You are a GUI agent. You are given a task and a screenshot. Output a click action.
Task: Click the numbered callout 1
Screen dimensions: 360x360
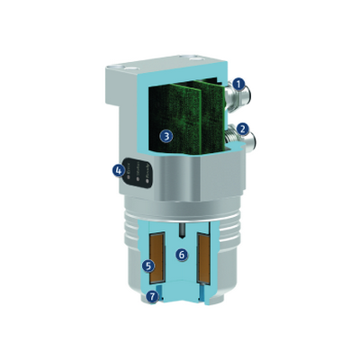pos(238,85)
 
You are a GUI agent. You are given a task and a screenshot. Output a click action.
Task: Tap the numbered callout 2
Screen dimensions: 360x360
pos(243,129)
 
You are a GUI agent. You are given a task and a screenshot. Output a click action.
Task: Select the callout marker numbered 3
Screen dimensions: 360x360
pos(166,136)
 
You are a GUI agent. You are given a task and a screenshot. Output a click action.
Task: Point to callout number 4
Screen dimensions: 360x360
pos(119,171)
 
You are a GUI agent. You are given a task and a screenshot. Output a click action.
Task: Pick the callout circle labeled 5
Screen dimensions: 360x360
pos(148,265)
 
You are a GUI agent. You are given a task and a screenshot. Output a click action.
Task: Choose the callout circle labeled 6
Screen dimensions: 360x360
pos(182,255)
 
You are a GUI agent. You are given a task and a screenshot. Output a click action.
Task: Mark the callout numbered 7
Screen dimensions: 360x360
pos(152,297)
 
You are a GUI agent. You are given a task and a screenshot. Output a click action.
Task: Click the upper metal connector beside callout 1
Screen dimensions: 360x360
pos(238,96)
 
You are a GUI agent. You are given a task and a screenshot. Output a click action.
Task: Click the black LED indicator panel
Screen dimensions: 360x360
pos(138,173)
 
